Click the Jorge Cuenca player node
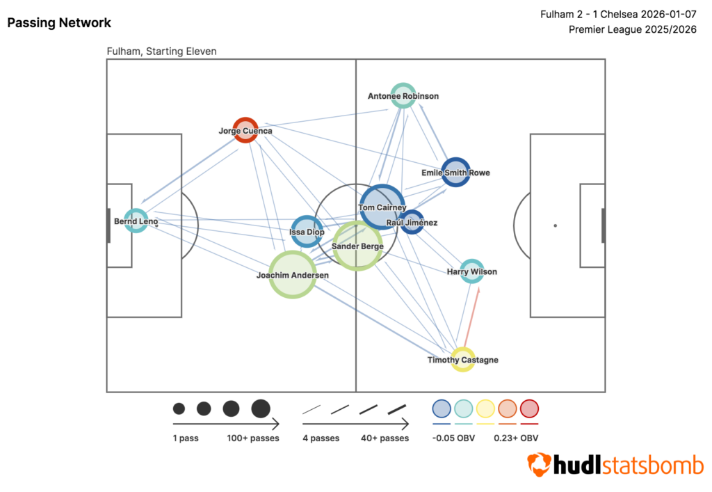[245, 130]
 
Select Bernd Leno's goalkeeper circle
[136, 221]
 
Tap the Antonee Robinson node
[403, 95]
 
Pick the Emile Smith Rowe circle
[456, 172]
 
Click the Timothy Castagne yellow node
[462, 360]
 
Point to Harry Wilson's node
[472, 271]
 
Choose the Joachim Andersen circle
[293, 275]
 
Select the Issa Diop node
[307, 232]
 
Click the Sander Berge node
[357, 246]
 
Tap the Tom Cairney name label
[382, 207]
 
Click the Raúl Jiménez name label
[412, 223]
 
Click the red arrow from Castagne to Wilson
[471, 317]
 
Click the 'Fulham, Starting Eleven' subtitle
[162, 51]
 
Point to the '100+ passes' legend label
[253, 438]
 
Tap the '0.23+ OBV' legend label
[516, 438]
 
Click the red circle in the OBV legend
[530, 408]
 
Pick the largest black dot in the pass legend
[261, 408]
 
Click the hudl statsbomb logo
[615, 465]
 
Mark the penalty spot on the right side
[555, 225]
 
